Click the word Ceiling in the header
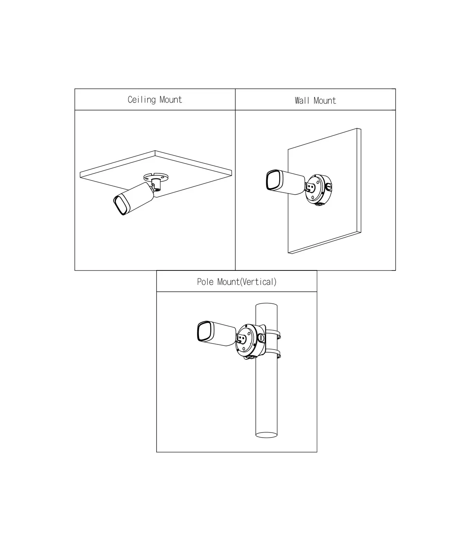[x=142, y=100]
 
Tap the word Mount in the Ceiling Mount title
[x=171, y=100]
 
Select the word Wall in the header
[x=302, y=101]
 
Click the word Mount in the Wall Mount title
[x=325, y=101]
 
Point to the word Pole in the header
[x=205, y=282]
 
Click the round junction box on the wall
[x=318, y=189]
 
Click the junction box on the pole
[x=250, y=342]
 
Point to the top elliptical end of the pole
[x=266, y=306]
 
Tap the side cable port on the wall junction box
[x=329, y=187]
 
